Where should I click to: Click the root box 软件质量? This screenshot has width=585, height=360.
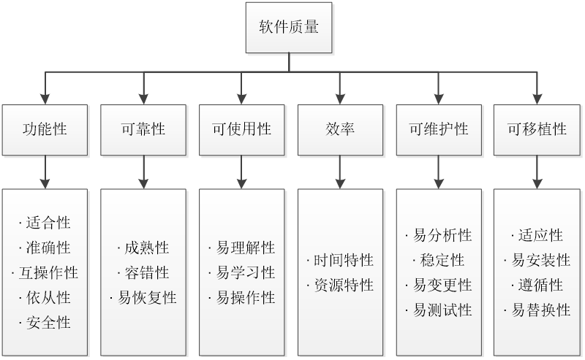(x=288, y=28)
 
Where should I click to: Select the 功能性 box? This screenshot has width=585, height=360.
(x=45, y=129)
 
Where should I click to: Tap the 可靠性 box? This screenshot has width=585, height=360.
(x=143, y=129)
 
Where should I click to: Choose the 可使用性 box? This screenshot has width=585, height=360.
(x=242, y=129)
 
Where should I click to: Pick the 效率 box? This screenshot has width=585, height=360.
(x=340, y=129)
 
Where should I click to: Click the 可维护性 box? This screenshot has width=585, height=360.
(x=438, y=129)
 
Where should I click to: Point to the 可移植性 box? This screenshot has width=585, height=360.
(x=537, y=129)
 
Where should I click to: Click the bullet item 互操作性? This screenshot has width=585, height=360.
(x=46, y=272)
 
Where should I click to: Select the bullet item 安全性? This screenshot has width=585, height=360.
(x=46, y=322)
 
